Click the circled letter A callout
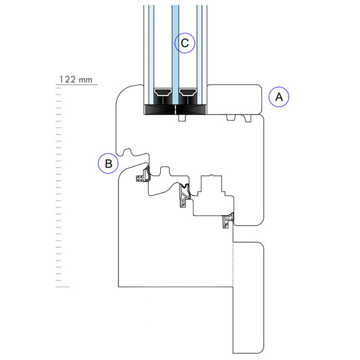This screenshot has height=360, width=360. pyautogui.click(x=279, y=97)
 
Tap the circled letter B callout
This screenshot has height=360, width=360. pyautogui.click(x=108, y=164)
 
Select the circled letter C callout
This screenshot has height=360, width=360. pyautogui.click(x=185, y=43)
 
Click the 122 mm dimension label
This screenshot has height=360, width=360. pyautogui.click(x=76, y=80)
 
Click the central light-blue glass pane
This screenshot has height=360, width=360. pyautogui.click(x=175, y=52)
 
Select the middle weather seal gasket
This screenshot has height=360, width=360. pyautogui.click(x=183, y=196)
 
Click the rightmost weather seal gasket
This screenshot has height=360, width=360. pyautogui.click(x=229, y=220)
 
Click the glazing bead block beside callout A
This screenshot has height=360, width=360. pyautogui.click(x=235, y=98)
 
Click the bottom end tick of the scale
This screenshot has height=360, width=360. pyautogui.click(x=62, y=286)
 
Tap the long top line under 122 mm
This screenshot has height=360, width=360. pyautogui.click(x=77, y=85)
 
